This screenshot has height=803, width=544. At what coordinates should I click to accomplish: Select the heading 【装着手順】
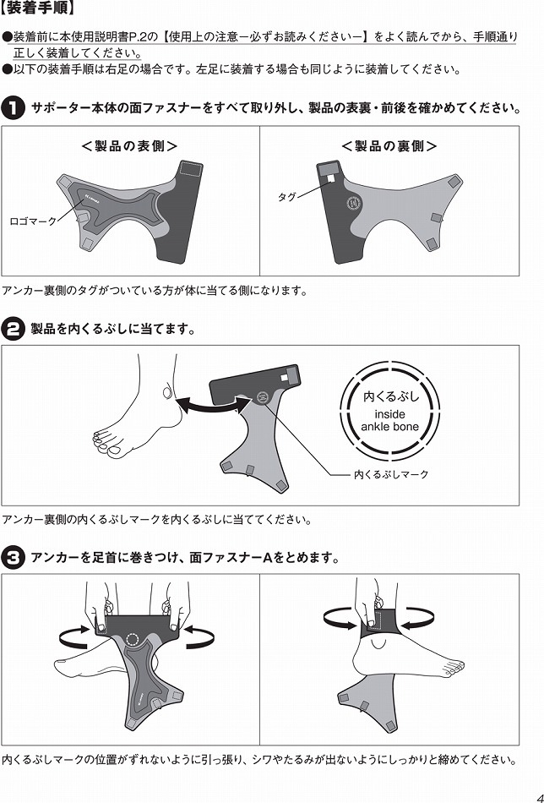(x=40, y=8)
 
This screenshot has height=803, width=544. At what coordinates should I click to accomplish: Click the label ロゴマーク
(x=32, y=221)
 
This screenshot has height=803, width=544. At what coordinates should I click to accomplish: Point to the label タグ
(x=286, y=197)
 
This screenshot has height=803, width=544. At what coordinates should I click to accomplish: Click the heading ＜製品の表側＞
(x=129, y=146)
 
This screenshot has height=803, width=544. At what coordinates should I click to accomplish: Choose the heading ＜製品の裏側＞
(x=389, y=146)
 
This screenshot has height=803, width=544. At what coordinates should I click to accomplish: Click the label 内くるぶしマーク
(x=391, y=475)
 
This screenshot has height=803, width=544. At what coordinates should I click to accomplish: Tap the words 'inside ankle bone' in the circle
(x=390, y=420)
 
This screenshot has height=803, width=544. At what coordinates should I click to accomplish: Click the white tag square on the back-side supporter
(x=330, y=177)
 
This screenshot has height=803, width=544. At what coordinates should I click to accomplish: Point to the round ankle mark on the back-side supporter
(x=354, y=204)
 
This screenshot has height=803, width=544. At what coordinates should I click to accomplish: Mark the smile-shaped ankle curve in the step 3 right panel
(x=381, y=643)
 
